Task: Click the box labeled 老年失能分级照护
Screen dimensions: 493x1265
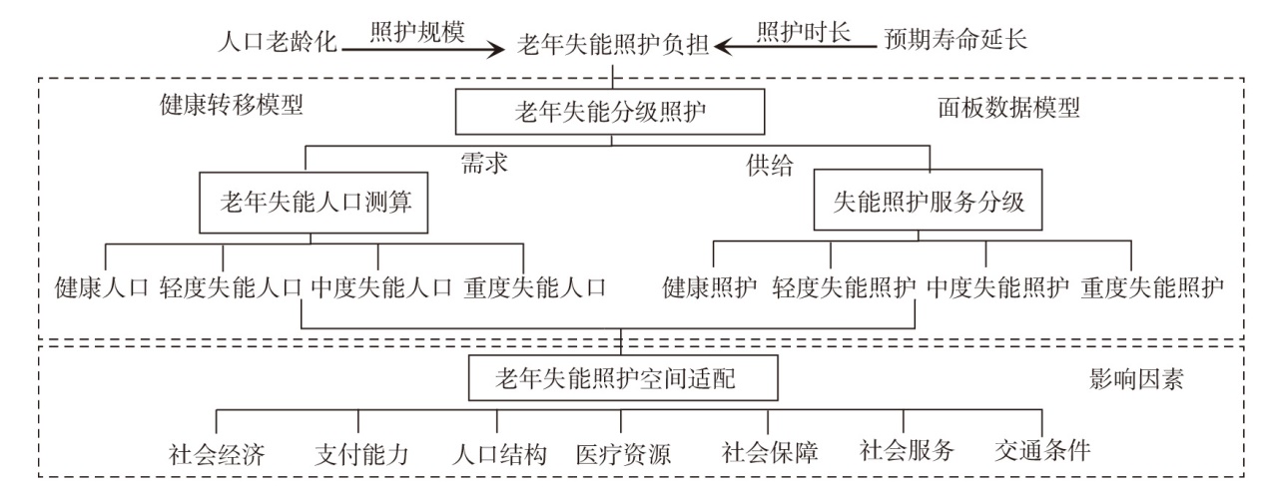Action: pos(610,112)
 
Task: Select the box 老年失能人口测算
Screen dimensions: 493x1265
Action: pos(310,202)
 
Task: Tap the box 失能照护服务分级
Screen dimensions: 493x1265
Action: pos(929,202)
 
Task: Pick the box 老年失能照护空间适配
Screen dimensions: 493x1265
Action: pos(620,378)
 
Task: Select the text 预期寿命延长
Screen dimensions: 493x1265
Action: pos(954,42)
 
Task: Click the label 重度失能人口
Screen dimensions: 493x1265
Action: pos(535,288)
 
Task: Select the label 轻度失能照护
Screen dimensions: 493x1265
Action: pos(844,288)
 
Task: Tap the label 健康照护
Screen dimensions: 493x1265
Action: pos(710,288)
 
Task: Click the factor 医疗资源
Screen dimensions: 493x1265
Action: pos(623,455)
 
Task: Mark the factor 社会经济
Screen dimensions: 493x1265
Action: pos(217,455)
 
